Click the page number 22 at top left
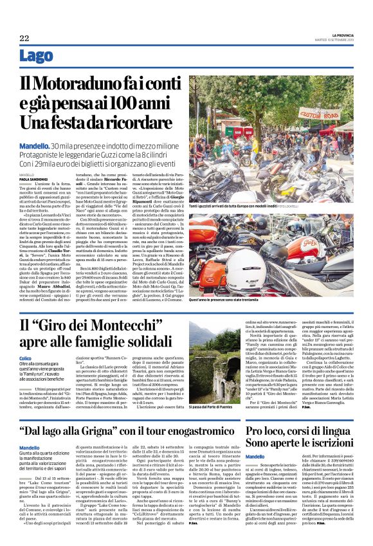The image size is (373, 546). point(24,39)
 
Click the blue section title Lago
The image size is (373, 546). point(37,56)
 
